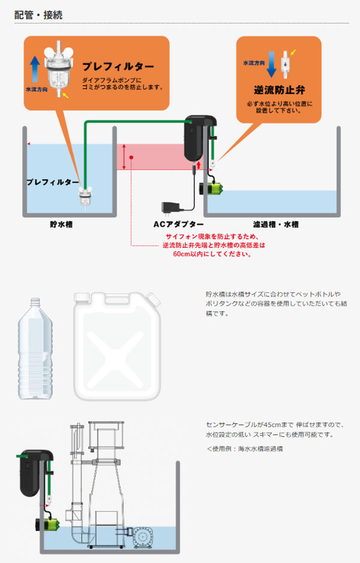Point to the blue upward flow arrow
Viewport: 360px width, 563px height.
[x=34, y=66]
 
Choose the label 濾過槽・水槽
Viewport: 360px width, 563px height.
[x=275, y=225]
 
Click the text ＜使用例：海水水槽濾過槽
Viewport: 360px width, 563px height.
[x=245, y=448]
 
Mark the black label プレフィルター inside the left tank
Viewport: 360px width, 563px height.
[x=52, y=181]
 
